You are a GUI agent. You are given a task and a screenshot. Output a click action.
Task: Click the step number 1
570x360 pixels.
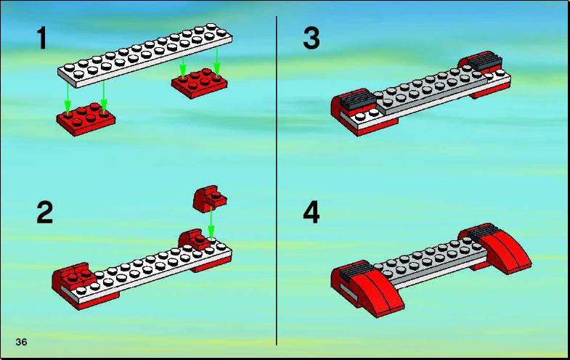[42, 38]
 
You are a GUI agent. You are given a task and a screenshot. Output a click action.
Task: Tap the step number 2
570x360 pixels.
[45, 212]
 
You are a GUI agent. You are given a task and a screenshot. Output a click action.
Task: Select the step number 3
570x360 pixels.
[312, 38]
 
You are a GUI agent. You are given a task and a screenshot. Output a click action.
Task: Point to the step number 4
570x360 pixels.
[312, 212]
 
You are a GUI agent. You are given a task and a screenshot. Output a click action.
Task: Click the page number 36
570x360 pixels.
[22, 342]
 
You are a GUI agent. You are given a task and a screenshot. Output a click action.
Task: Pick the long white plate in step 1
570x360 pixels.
[145, 56]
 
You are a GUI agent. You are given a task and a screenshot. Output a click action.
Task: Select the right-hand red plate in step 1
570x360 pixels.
[200, 83]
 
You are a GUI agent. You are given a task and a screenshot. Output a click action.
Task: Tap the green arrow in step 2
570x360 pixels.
[211, 223]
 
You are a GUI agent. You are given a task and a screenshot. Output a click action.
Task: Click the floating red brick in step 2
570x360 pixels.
[209, 198]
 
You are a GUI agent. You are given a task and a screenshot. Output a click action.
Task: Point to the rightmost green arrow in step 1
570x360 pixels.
[216, 62]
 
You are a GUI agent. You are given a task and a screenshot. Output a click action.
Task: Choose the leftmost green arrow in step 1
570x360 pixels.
[68, 99]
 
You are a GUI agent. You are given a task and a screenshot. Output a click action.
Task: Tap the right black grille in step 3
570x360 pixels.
[485, 61]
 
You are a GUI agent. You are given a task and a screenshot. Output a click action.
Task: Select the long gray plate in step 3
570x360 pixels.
[431, 90]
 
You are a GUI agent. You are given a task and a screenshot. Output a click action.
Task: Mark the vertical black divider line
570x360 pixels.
[276, 181]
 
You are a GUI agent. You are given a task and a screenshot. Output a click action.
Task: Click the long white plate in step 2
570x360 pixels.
[145, 271]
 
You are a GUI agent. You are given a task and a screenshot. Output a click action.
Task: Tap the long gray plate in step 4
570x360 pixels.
[431, 264]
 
